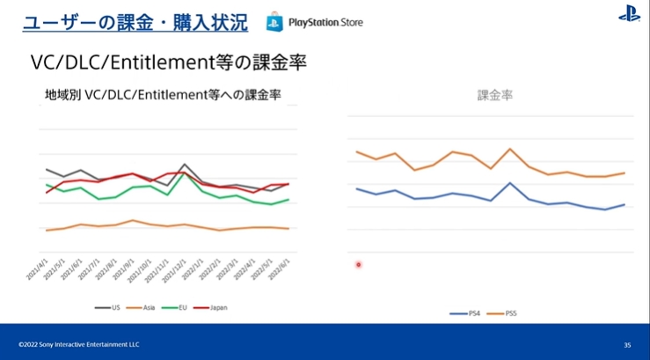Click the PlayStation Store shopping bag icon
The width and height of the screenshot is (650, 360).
[274, 20]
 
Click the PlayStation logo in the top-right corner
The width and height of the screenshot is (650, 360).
[629, 14]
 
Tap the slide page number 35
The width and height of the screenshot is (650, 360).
[627, 344]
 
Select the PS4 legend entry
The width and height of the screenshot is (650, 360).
[466, 312]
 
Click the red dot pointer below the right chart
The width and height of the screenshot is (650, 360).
[358, 264]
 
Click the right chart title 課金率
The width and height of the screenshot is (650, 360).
[494, 94]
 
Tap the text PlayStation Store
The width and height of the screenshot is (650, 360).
[325, 21]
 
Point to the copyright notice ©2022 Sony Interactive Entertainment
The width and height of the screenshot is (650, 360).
[78, 344]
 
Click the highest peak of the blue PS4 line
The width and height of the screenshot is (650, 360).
[510, 183]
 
